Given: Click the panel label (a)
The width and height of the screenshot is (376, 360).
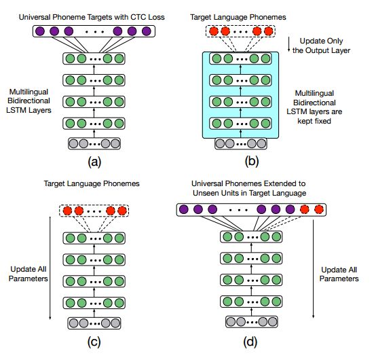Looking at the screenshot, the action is tap(94, 162).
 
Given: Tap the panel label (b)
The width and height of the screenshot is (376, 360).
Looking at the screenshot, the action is tap(252, 161).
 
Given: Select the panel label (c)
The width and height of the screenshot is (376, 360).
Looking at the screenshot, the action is tap(94, 342).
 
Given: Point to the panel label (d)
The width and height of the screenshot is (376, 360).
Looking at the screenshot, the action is tap(250, 342).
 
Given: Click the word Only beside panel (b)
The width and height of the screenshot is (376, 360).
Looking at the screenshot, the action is tap(335, 41).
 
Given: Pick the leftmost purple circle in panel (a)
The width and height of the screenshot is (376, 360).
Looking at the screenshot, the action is tap(40, 31).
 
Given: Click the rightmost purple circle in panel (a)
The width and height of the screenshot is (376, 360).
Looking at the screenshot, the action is tap(147, 31).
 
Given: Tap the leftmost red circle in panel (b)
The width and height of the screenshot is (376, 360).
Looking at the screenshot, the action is tap(214, 31).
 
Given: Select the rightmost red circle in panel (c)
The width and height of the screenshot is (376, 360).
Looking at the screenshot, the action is tap(121, 211).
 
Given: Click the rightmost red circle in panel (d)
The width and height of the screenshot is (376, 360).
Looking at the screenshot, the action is tap(319, 209).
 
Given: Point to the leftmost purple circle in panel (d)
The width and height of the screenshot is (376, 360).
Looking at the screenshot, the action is tap(184, 209).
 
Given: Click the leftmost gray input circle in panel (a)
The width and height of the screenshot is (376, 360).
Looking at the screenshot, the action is tap(73, 143).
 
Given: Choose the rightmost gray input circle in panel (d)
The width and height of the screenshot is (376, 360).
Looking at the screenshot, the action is tap(273, 321).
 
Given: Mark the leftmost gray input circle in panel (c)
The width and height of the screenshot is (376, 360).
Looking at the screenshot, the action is tap(73, 323).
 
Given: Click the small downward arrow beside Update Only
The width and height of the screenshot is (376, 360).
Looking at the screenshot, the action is tap(289, 45).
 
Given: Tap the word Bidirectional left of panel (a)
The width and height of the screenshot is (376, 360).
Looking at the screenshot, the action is tap(29, 101).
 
